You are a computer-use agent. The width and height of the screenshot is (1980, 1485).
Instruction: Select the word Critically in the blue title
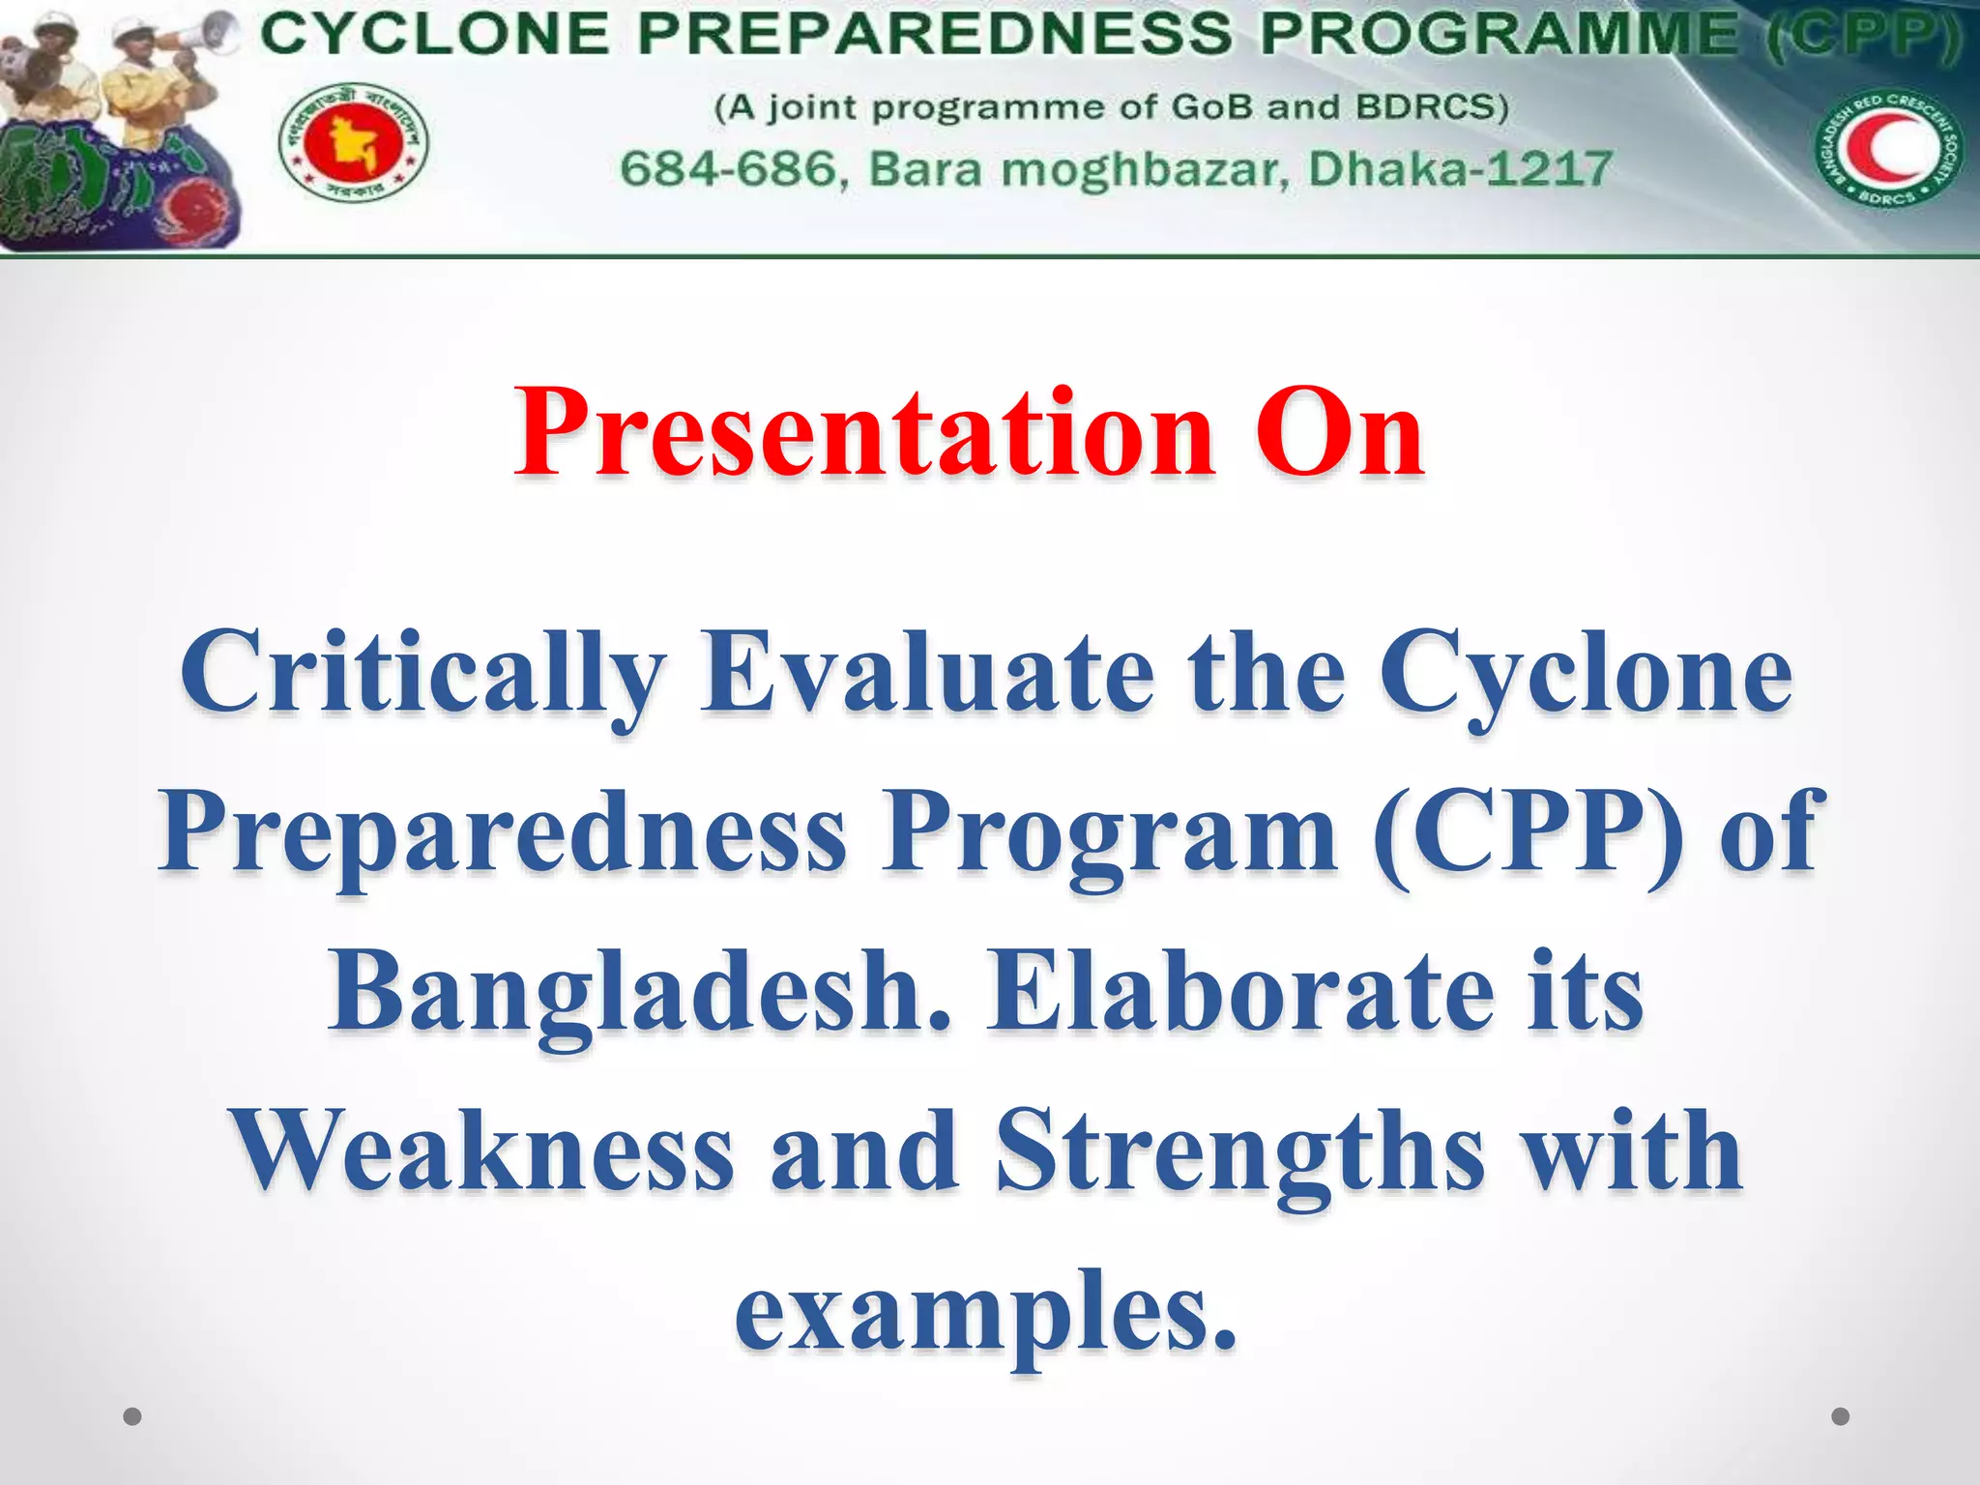(x=422, y=674)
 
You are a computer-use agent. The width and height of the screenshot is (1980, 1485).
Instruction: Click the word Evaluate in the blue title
(x=928, y=674)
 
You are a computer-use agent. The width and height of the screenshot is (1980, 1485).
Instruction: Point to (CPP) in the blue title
(x=1528, y=833)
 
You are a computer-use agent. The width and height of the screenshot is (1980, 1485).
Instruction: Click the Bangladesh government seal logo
(x=354, y=143)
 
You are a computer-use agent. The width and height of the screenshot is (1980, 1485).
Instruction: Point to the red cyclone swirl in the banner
(x=198, y=208)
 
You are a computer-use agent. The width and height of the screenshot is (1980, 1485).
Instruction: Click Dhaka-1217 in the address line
(x=1460, y=169)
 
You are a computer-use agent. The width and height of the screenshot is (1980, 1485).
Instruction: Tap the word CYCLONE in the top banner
(x=435, y=36)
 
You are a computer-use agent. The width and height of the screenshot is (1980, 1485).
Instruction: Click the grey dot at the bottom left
(x=133, y=1416)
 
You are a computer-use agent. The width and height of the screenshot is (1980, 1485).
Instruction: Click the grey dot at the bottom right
(x=1841, y=1416)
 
